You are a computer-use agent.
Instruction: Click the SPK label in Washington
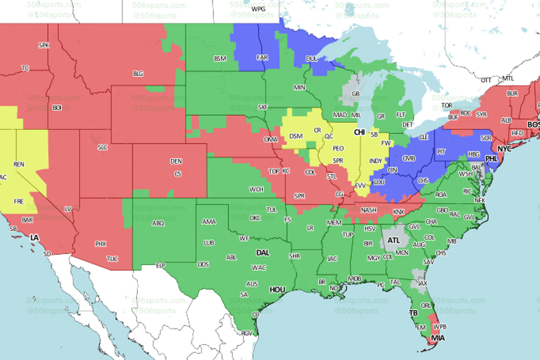pos(43,45)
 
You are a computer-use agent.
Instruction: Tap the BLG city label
pos(138,73)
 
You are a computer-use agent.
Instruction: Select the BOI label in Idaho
pos(57,107)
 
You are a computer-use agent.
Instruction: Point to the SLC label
pos(102,147)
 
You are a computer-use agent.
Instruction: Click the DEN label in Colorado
pos(176,161)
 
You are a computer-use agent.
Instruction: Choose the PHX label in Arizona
pos(100,244)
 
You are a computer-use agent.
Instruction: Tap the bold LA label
pos(34,238)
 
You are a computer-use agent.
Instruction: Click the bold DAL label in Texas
pos(262,253)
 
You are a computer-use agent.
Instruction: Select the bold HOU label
pos(277,290)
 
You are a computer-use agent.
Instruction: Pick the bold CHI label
pos(359,132)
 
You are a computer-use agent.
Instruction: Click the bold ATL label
pos(393,241)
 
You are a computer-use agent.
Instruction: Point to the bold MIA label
pos(437,338)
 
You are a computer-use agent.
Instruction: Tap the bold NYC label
pos(504,149)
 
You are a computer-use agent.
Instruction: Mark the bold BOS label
pos(533,125)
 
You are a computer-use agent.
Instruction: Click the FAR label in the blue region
pos(262,57)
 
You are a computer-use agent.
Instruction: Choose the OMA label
pos(270,139)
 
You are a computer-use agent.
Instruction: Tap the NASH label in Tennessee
pos(369,210)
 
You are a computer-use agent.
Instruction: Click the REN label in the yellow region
pos(19,164)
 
